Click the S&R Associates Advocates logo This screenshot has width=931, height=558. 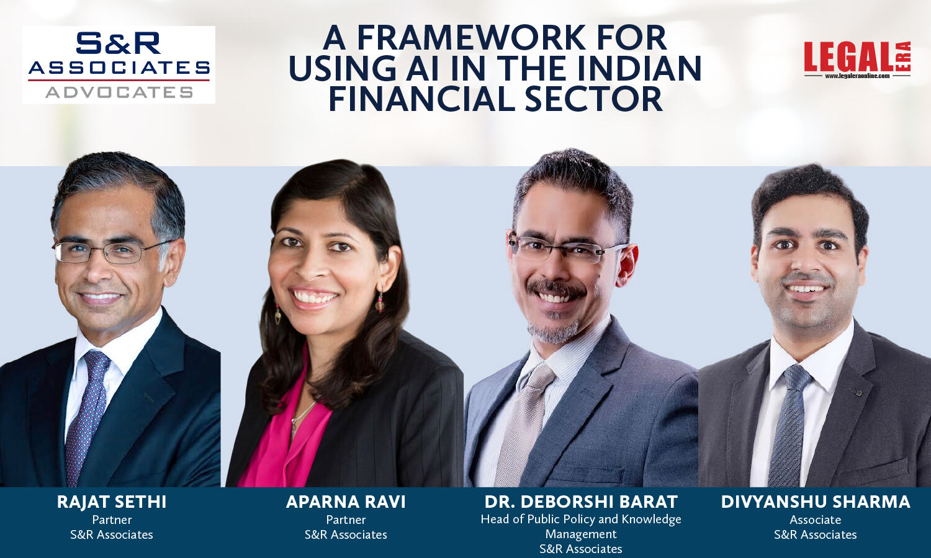click(x=119, y=64)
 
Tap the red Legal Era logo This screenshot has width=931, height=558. click(x=857, y=59)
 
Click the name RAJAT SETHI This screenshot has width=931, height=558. click(x=112, y=502)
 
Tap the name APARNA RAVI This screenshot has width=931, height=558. click(x=346, y=502)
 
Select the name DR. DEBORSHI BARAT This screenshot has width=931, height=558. click(x=581, y=502)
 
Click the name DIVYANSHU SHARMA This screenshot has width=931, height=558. click(x=816, y=502)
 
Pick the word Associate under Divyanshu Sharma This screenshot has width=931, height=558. click(x=816, y=520)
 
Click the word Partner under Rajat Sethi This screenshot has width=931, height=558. click(x=112, y=520)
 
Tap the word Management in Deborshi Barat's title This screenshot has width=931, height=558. click(x=581, y=534)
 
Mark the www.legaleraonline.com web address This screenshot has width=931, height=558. click(x=857, y=76)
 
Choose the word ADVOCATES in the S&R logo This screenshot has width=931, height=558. click(x=119, y=92)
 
